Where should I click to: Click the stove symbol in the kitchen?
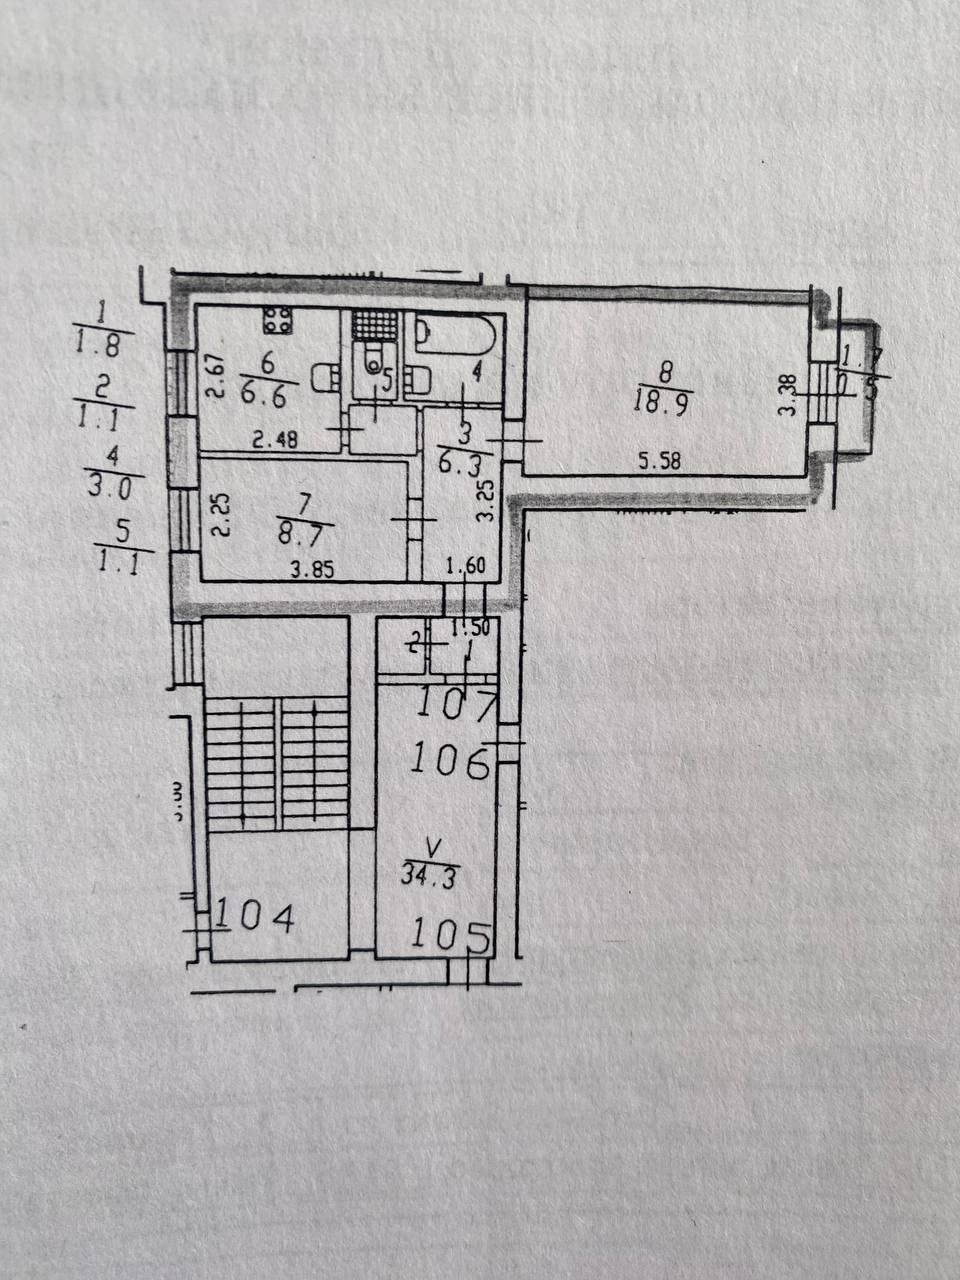coord(278,321)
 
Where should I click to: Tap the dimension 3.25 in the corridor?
coord(485,503)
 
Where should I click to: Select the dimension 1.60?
coord(464,567)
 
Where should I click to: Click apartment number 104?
coord(256,916)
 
